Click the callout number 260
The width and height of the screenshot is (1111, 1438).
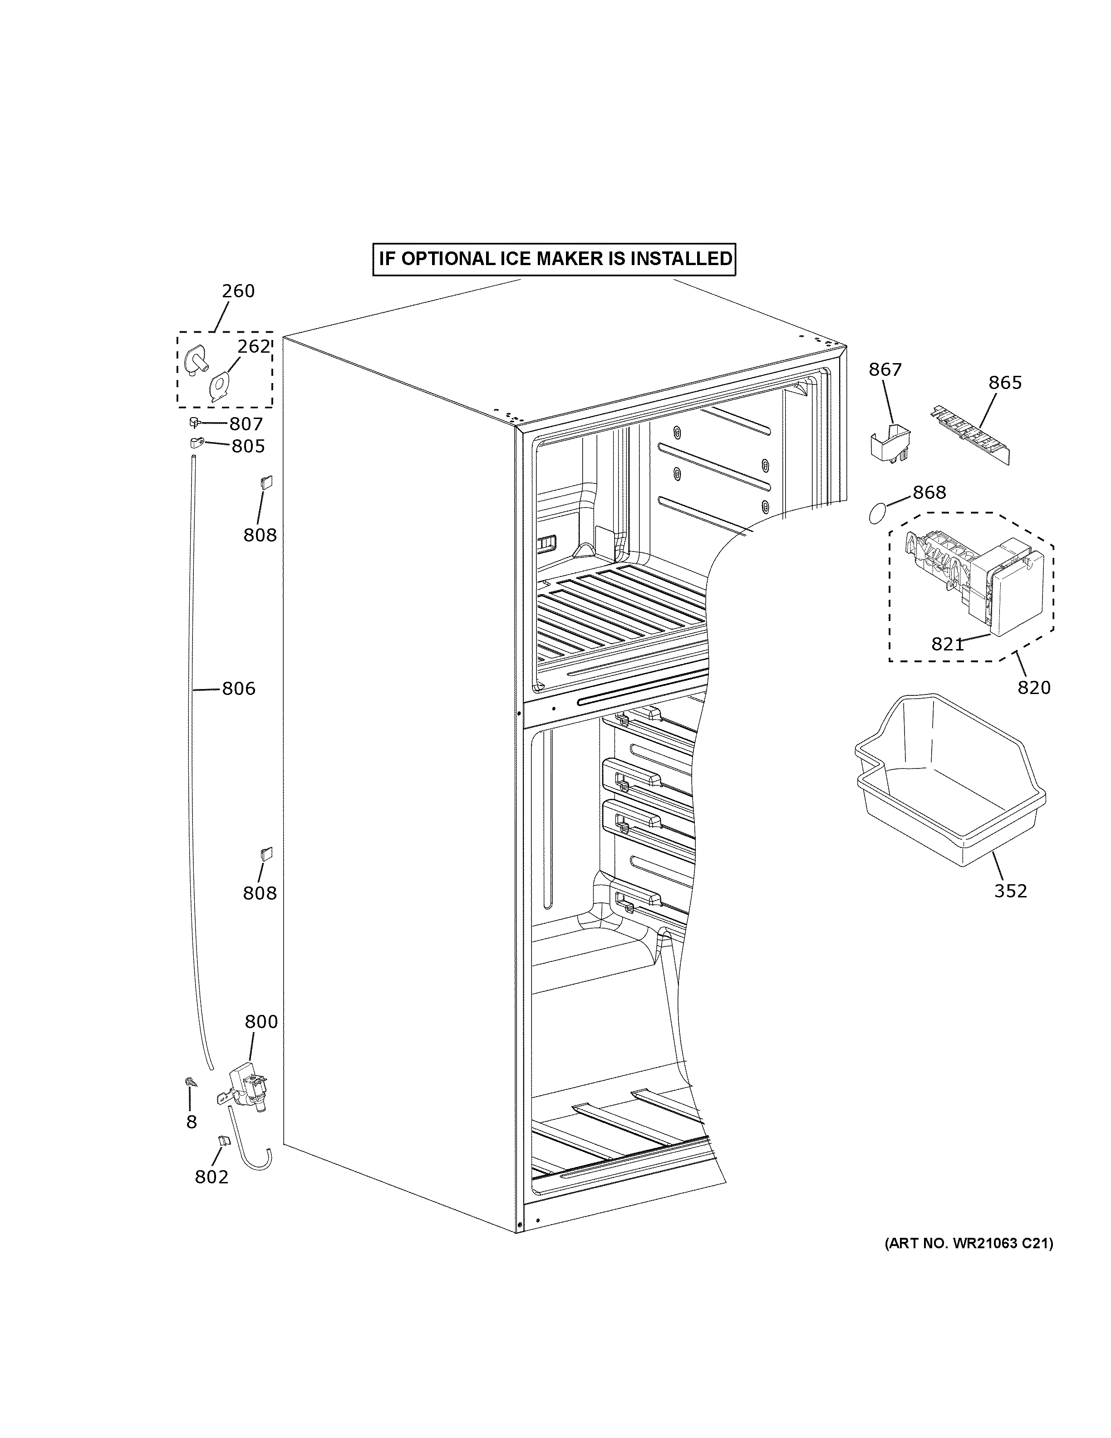point(238,291)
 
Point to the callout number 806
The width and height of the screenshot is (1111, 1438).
point(238,689)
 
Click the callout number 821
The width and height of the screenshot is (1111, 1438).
point(948,645)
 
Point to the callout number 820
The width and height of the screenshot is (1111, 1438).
point(1034,687)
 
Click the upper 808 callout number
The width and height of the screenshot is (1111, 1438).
point(260,535)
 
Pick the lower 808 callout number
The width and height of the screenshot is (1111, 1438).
point(260,893)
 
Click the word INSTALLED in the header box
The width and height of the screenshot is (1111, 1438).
point(681,259)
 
